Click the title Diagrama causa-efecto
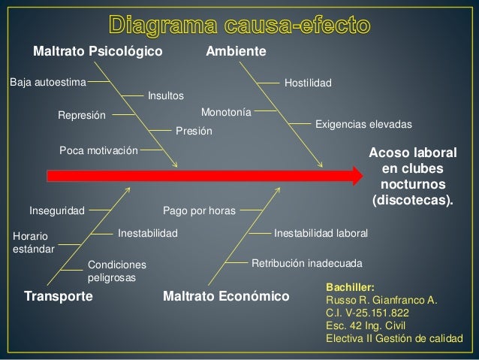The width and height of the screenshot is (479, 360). (239, 25)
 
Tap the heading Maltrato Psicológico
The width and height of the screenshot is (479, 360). (98, 53)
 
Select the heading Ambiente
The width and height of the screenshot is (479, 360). (236, 53)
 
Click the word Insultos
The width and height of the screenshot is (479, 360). (165, 96)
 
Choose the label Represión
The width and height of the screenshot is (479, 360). (83, 116)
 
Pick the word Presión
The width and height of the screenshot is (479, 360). (194, 132)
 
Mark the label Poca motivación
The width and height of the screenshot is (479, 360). (98, 150)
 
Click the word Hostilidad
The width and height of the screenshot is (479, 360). (309, 81)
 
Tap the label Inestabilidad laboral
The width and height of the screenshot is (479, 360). (321, 234)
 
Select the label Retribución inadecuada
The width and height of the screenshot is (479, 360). (306, 265)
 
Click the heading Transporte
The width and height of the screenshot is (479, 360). (59, 296)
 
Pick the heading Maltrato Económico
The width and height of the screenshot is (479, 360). (226, 296)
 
